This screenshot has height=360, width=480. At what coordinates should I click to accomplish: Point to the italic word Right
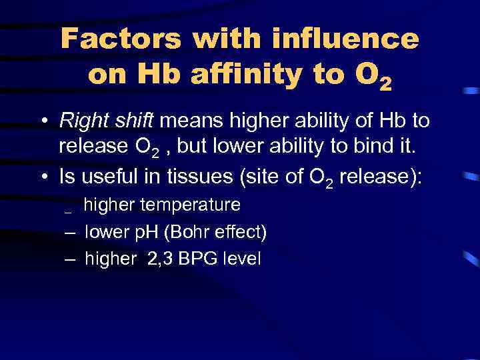click(x=81, y=122)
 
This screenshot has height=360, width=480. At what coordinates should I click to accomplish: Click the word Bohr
click(x=191, y=232)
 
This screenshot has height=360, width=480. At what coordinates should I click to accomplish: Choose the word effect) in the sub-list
click(x=241, y=232)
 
